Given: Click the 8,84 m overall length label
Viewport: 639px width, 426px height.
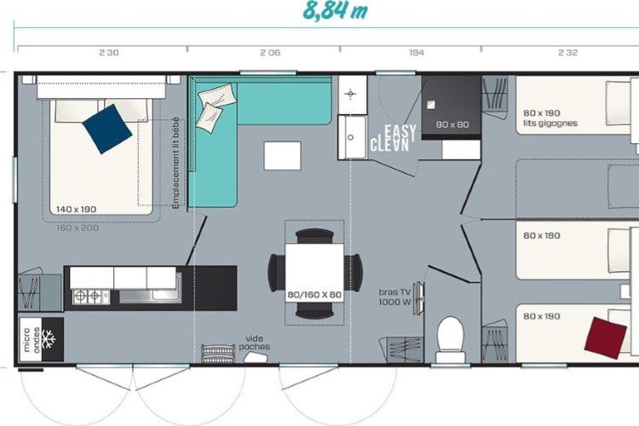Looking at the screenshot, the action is (x=335, y=10).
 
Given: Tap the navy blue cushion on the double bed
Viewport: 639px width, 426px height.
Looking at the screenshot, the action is (x=107, y=129).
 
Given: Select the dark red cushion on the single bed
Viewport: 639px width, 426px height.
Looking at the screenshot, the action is (x=606, y=338).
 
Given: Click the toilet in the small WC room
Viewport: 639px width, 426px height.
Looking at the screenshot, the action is (x=451, y=339).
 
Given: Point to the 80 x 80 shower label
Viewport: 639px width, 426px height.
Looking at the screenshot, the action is (x=452, y=124).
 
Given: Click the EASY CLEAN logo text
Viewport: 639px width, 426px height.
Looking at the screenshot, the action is (x=394, y=138).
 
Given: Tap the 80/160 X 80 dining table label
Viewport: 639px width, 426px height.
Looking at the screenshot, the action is (x=314, y=295).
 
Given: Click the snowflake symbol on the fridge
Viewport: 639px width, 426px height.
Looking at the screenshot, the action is (x=49, y=339).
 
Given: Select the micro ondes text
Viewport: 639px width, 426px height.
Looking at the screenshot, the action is (x=32, y=340).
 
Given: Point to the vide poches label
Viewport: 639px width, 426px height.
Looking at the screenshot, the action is (x=254, y=343).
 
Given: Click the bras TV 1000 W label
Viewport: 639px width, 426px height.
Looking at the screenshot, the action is (x=394, y=297).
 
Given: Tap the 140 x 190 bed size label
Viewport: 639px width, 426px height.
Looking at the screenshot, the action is (x=76, y=210).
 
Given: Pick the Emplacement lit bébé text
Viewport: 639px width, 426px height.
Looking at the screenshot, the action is (x=176, y=163).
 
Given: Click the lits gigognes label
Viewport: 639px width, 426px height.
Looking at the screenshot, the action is (x=550, y=123).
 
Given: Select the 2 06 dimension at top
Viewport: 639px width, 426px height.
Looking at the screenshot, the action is (x=270, y=53).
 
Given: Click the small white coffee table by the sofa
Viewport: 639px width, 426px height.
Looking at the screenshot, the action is (x=282, y=156).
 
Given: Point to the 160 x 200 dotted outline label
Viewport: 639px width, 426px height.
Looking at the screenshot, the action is (x=78, y=227).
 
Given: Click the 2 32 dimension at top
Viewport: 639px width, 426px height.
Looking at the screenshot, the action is (x=567, y=53).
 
